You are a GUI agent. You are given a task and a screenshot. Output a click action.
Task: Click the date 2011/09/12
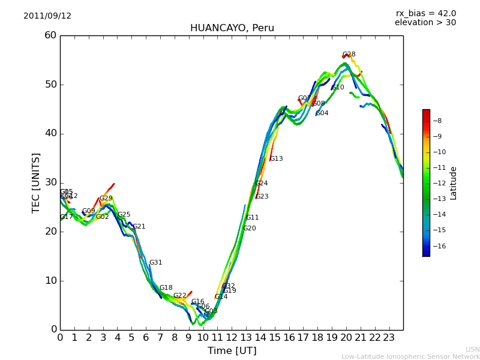[x=47, y=16]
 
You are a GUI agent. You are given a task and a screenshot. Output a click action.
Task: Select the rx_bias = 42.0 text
[x=425, y=14]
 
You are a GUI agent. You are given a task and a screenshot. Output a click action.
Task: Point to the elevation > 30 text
[x=425, y=23]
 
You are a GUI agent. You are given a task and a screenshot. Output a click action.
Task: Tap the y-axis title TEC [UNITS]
[x=36, y=182]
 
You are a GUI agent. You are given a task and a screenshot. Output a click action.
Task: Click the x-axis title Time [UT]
[x=232, y=350]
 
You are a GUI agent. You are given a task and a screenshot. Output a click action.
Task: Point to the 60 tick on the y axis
[x=50, y=35]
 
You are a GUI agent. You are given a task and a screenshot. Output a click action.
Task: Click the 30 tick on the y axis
[x=50, y=182]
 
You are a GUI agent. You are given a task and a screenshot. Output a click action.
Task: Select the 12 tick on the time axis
[x=232, y=337]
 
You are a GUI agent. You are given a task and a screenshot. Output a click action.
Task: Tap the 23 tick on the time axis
[x=389, y=337]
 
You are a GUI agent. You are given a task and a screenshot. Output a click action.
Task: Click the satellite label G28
[x=349, y=55]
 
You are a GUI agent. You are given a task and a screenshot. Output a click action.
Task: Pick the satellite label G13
[x=276, y=159]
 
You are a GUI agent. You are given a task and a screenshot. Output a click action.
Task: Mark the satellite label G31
[x=155, y=263]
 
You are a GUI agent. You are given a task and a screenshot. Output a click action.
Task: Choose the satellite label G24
[x=261, y=184]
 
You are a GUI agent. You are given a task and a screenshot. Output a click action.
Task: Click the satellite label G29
[x=106, y=199]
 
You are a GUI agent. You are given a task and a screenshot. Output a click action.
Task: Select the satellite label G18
[x=166, y=288]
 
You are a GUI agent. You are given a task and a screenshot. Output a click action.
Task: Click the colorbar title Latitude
[x=454, y=183]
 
